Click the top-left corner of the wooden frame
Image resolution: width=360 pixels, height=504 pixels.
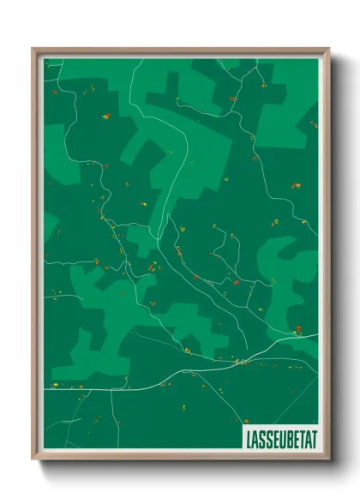[x=33, y=49]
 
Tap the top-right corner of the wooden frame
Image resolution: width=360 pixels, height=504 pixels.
[x=329, y=49]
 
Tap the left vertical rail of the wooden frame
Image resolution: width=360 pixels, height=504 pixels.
[x=35, y=257]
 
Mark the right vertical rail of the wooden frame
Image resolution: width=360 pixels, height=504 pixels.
[x=326, y=257]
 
